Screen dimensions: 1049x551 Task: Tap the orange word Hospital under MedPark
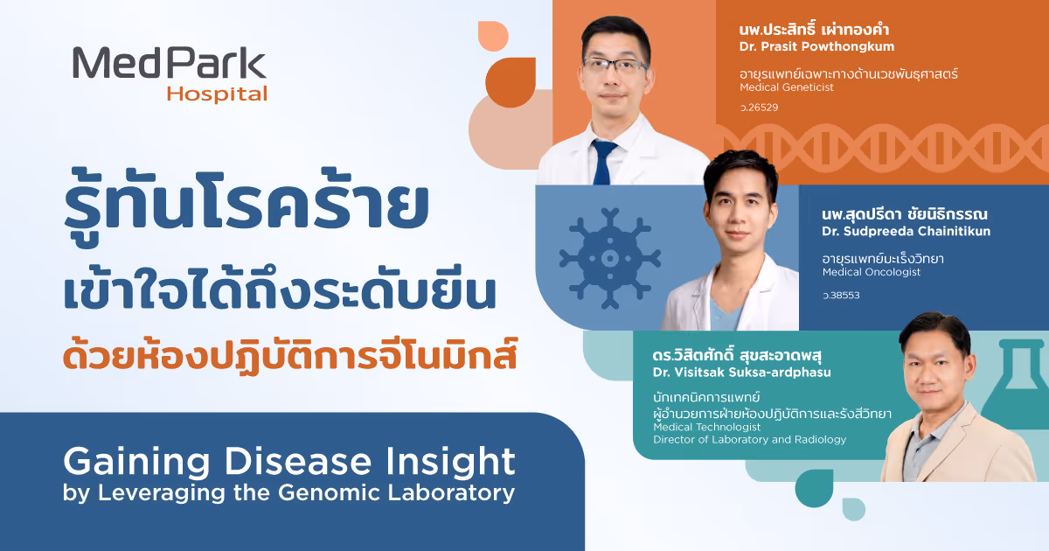218,94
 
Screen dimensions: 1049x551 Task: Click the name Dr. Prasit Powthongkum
816,46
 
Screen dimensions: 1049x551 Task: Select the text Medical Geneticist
787,87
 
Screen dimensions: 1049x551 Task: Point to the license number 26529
759,108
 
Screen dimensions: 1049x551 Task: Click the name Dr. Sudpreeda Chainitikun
907,231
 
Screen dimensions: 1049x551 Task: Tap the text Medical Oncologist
872,272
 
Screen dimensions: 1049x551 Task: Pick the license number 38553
841,296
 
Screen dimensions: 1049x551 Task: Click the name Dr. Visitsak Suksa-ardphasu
742,373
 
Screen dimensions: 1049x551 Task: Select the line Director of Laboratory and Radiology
750,439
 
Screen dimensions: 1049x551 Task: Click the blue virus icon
610,258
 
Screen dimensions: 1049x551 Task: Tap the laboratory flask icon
1017,383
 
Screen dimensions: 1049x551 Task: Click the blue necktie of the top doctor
604,162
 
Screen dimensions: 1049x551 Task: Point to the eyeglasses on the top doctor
615,66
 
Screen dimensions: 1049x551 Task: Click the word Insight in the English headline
450,462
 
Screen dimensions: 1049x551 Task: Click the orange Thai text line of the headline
290,356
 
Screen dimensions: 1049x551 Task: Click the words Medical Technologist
706,427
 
